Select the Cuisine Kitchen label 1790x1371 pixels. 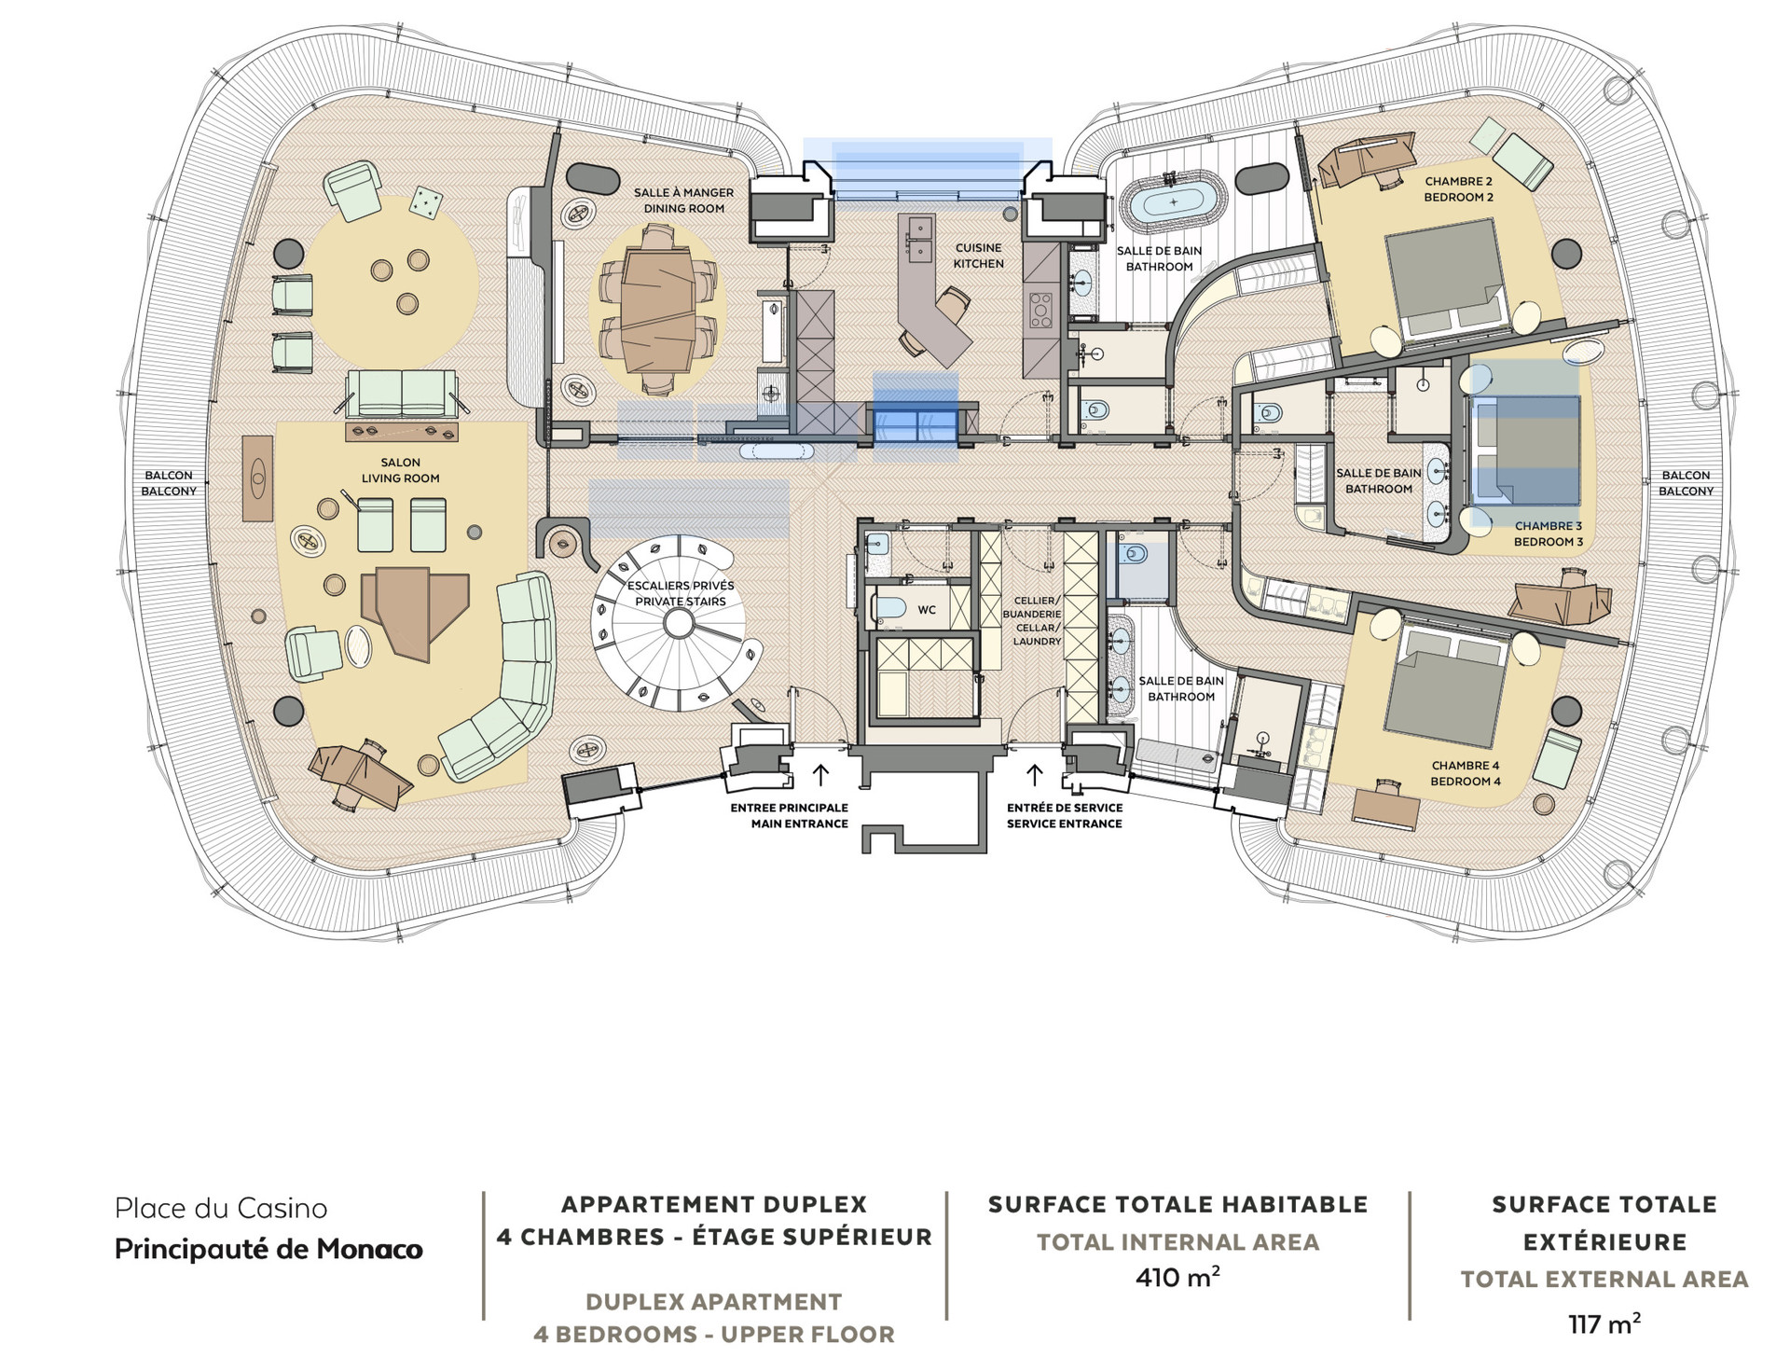tap(978, 256)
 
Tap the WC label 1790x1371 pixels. tap(927, 610)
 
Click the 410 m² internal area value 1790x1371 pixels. tap(1177, 1276)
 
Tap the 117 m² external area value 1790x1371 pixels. tap(1604, 1323)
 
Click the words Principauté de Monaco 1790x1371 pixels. tap(268, 1250)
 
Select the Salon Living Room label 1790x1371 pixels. tap(400, 470)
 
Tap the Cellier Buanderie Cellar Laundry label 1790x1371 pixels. tap(1032, 621)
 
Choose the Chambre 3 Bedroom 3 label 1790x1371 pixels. tap(1548, 533)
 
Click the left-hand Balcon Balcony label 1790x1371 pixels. tap(169, 483)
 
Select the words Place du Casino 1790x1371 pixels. tap(221, 1209)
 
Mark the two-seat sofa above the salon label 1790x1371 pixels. tap(402, 393)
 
